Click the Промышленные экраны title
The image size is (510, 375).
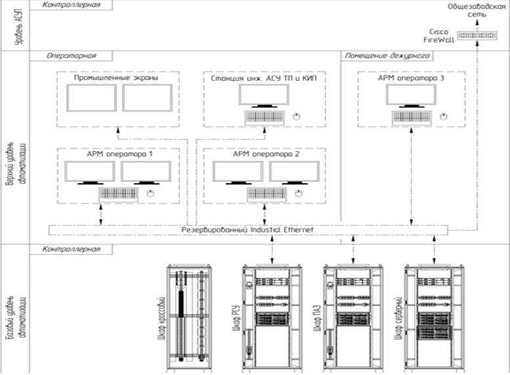click(x=116, y=77)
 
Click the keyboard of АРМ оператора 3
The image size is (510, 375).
click(x=412, y=117)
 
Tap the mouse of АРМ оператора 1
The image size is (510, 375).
click(x=151, y=194)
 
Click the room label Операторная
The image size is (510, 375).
click(x=62, y=56)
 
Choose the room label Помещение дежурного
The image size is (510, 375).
click(x=387, y=56)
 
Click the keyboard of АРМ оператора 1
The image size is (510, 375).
click(x=119, y=194)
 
